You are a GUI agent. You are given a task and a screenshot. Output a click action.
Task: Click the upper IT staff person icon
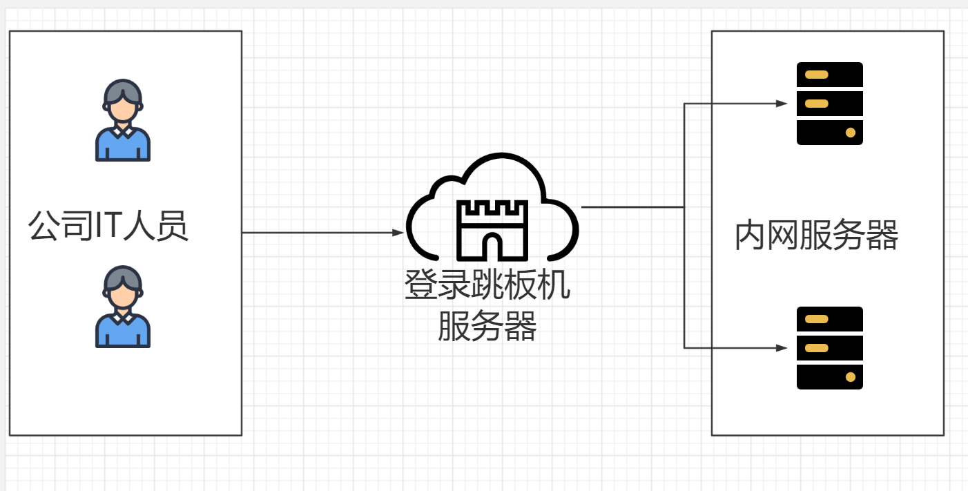click(x=123, y=120)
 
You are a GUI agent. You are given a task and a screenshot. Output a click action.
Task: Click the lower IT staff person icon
click(x=123, y=307)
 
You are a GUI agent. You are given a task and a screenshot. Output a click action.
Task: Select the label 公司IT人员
click(x=108, y=226)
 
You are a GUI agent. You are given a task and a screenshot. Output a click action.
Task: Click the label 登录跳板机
click(x=487, y=285)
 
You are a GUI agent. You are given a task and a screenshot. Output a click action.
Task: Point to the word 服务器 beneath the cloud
click(x=487, y=326)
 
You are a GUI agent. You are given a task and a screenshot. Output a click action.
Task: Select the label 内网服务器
click(x=817, y=235)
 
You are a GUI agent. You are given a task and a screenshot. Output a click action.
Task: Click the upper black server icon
click(x=829, y=104)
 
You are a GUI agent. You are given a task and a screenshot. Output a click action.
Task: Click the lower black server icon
click(x=829, y=348)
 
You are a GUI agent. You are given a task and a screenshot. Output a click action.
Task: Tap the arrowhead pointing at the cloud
click(x=398, y=233)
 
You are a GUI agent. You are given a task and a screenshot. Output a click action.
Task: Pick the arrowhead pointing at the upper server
click(x=782, y=104)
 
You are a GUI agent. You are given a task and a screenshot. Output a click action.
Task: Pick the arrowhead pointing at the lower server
click(x=782, y=348)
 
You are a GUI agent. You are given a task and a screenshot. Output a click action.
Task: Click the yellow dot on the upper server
click(x=851, y=132)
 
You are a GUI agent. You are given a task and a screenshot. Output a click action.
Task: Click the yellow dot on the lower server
click(x=851, y=377)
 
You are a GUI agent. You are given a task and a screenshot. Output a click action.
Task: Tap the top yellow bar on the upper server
click(x=817, y=75)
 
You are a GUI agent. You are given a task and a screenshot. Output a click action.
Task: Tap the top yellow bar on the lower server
click(x=817, y=319)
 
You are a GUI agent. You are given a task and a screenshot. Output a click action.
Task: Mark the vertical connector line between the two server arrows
click(x=684, y=276)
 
